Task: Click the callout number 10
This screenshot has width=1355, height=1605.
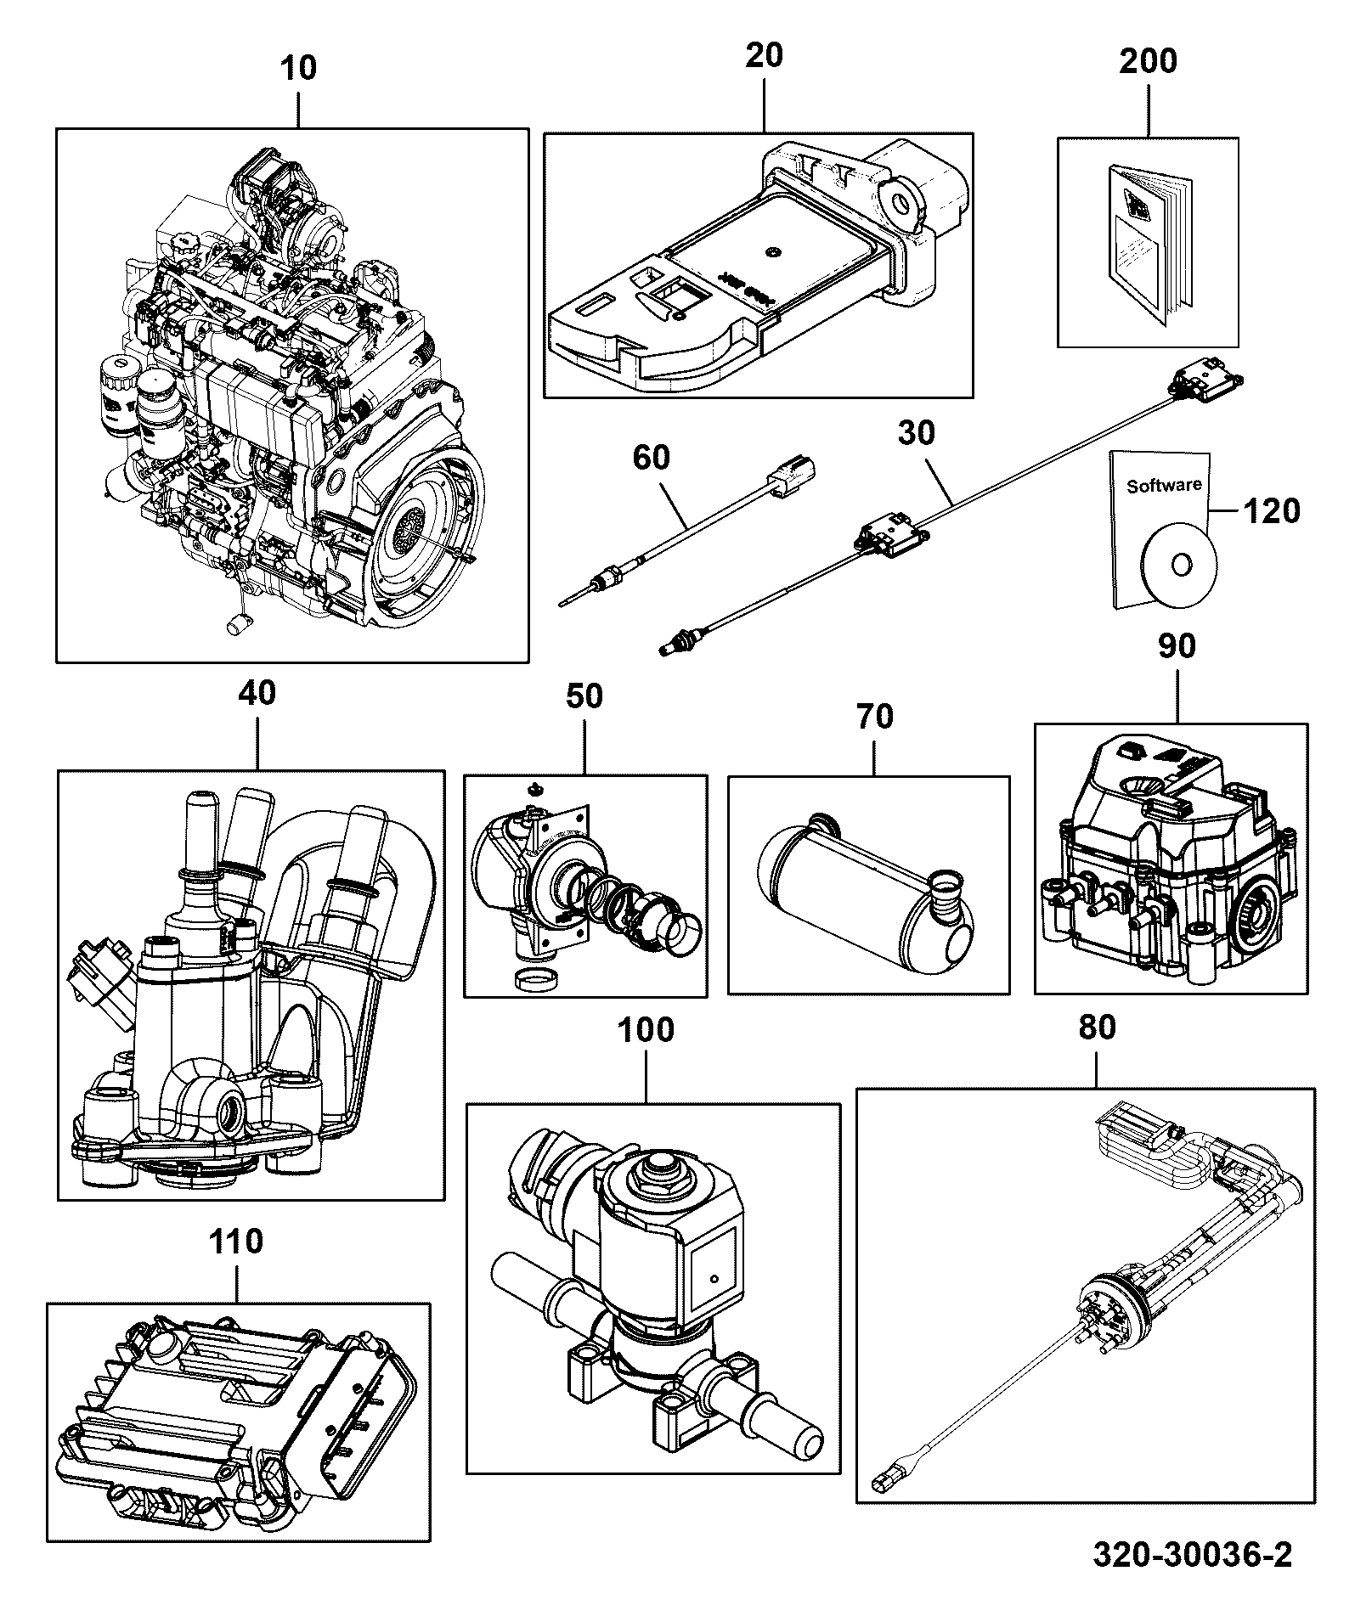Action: (x=297, y=68)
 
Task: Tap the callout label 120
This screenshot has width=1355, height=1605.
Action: (x=1272, y=511)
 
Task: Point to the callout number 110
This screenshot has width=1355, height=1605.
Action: (x=236, y=1242)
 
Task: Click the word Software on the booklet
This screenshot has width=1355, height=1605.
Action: (x=1164, y=486)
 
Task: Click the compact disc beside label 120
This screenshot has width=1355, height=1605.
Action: (x=1180, y=565)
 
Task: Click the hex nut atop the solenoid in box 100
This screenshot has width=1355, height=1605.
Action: (x=660, y=1170)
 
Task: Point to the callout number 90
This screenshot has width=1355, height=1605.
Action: (x=1177, y=647)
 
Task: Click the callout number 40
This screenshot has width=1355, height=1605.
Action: (x=257, y=693)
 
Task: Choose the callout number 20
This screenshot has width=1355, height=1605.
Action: (x=764, y=56)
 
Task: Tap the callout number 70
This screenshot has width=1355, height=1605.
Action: (x=875, y=717)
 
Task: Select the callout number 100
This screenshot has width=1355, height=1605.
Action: (x=645, y=1030)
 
